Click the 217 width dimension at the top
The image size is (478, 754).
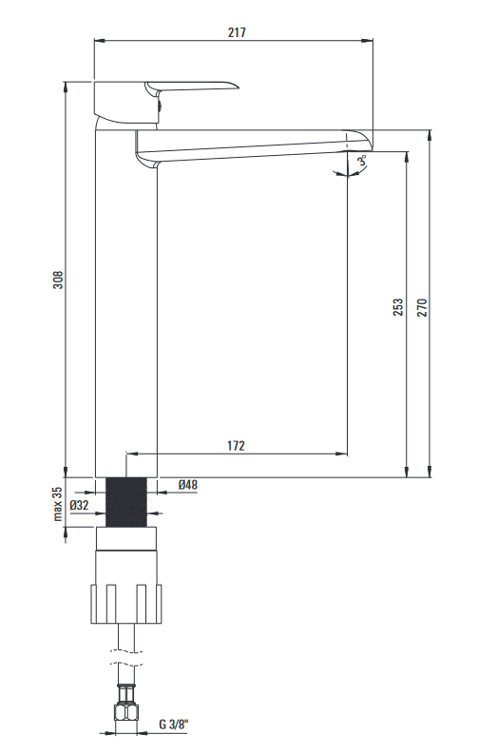[x=237, y=32]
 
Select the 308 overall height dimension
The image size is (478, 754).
[x=58, y=280]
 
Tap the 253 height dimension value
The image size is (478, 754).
[x=398, y=307]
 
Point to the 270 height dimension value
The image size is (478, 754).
[x=422, y=307]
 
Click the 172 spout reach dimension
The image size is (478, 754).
[x=236, y=446]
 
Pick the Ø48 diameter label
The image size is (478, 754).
[x=187, y=484]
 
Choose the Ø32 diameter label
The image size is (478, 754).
[x=79, y=505]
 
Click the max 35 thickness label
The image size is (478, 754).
[x=58, y=504]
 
